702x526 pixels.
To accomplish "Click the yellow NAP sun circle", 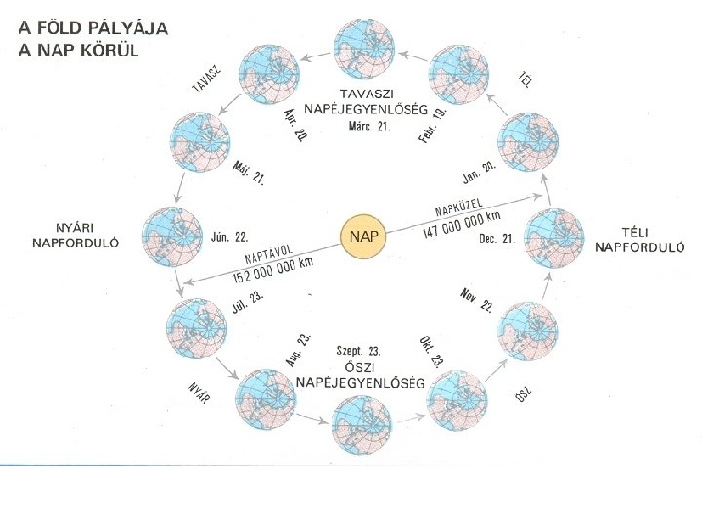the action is (365, 237).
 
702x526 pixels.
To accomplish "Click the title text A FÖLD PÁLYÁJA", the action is (94, 28).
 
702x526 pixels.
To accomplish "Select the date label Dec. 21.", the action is (495, 238).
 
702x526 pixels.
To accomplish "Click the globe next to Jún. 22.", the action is (171, 237).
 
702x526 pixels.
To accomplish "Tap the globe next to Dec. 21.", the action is (555, 238).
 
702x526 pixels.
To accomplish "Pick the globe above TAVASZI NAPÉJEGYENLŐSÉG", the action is (365, 48).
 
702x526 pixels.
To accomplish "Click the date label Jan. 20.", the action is (479, 174).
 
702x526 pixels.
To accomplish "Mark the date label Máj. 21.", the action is (249, 172).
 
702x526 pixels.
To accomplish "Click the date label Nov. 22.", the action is (477, 300).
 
